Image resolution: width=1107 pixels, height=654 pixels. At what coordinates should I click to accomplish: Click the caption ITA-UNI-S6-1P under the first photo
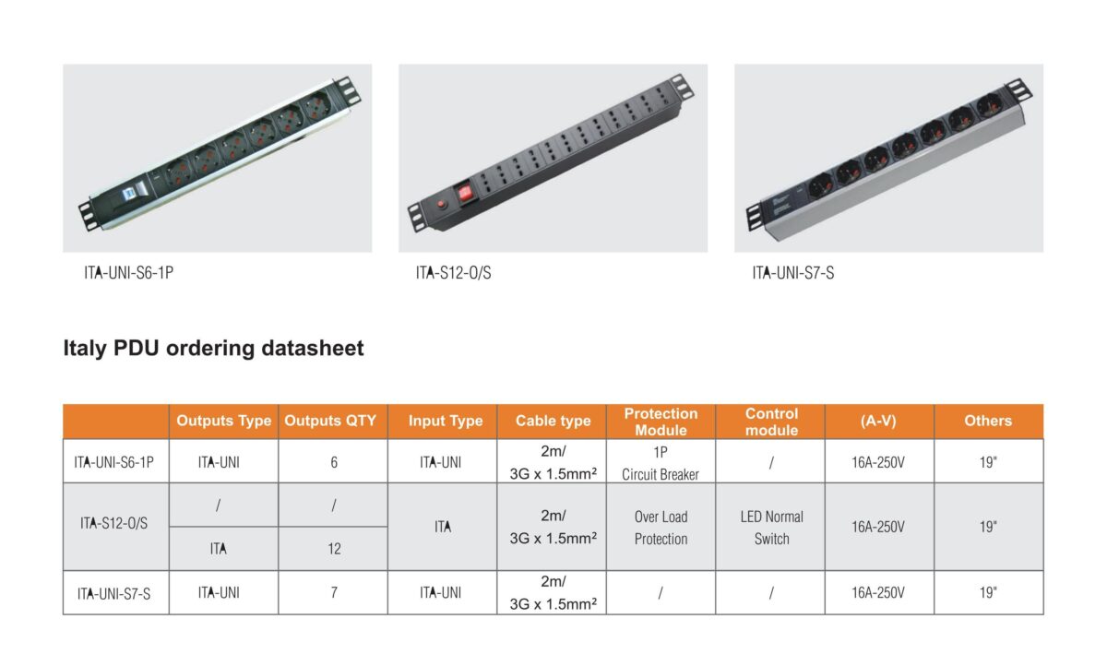click(x=128, y=273)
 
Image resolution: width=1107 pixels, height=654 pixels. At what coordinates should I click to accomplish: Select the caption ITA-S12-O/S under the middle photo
click(x=453, y=273)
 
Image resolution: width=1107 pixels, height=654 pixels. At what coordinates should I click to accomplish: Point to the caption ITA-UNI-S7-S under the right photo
click(x=793, y=273)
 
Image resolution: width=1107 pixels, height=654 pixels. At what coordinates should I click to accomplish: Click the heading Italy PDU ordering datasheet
click(x=213, y=349)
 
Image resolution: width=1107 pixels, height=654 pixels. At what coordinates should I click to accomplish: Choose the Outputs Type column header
click(x=223, y=421)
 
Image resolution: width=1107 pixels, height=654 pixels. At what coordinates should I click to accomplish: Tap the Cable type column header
click(x=553, y=421)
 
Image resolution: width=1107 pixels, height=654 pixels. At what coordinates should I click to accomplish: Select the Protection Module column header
click(x=661, y=422)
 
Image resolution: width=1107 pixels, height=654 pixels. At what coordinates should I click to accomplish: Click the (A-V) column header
click(x=878, y=421)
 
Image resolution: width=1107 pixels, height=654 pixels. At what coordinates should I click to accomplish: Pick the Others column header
click(x=988, y=421)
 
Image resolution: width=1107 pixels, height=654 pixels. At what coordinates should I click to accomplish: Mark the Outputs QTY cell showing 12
click(x=334, y=548)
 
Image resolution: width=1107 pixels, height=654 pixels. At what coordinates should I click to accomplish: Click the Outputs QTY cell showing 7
click(x=334, y=592)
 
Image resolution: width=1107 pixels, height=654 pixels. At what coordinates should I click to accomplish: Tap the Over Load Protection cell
click(x=661, y=528)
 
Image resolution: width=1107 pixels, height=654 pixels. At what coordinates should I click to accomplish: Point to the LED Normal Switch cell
click(x=771, y=528)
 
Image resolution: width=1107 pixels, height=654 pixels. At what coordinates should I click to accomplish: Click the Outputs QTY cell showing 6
click(x=334, y=461)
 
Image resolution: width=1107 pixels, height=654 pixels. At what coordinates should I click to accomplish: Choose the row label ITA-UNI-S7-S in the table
click(x=114, y=593)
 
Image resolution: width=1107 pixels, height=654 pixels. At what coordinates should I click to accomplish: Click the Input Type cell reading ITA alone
click(x=443, y=528)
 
